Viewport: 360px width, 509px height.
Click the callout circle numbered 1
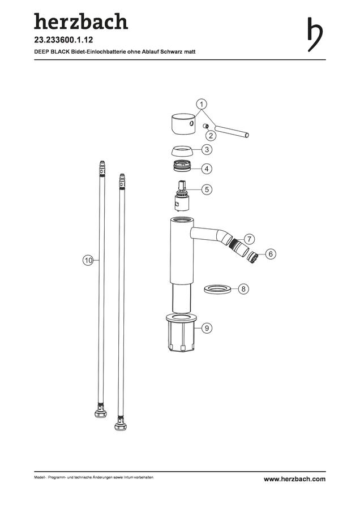[x=202, y=105]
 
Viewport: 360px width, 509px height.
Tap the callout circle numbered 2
[x=211, y=135]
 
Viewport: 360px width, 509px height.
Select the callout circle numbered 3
[x=207, y=150]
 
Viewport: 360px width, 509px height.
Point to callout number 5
[x=207, y=189]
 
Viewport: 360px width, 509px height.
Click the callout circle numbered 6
[x=271, y=253]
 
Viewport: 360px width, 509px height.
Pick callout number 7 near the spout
[x=249, y=239]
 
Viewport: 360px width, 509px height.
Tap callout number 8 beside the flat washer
[x=243, y=288]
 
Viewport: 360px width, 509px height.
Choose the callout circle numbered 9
[x=207, y=328]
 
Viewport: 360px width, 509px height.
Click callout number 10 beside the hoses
[x=88, y=260]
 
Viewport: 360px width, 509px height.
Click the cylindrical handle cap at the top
[x=183, y=124]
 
